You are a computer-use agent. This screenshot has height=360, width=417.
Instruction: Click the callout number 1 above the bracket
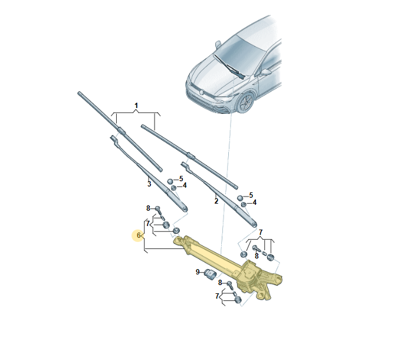tap(136, 106)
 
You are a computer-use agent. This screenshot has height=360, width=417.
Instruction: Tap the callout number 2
tap(216, 201)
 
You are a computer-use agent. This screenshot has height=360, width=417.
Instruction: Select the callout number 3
tap(149, 184)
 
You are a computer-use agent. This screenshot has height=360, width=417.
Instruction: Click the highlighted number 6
tap(139, 235)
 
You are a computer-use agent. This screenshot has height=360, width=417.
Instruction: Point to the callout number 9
tap(198, 272)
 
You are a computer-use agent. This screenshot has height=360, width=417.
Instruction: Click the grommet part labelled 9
tap(210, 274)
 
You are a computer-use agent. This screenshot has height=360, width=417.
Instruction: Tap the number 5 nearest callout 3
tap(181, 179)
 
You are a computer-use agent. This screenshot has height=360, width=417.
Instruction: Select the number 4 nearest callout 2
tap(255, 202)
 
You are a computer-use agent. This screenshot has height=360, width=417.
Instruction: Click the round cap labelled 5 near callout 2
tap(240, 198)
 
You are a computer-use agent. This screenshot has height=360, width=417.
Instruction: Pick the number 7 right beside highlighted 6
tap(148, 224)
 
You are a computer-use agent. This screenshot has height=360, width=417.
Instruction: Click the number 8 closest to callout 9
tap(220, 283)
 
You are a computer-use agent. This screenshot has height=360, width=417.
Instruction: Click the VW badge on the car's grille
tap(202, 92)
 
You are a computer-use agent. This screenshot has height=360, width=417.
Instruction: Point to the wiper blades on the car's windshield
tap(229, 67)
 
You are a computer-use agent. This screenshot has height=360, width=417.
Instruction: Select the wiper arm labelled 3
tap(149, 174)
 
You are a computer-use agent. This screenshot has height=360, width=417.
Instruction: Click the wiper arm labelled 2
tap(219, 194)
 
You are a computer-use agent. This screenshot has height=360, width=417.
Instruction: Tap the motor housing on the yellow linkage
tap(249, 277)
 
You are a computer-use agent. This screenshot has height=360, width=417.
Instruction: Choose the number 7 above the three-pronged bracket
tap(261, 233)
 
